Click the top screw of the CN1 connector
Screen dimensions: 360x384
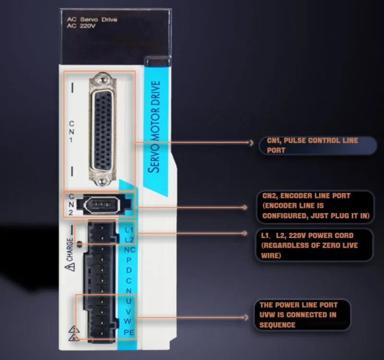click(101, 78)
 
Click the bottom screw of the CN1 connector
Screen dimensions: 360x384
click(101, 182)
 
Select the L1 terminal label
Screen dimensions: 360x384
click(129, 230)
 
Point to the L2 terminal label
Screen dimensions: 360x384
click(129, 240)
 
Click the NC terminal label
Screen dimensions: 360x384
click(129, 250)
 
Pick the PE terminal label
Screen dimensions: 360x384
click(129, 332)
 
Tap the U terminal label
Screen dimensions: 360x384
click(129, 301)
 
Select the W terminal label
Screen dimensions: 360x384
click(129, 321)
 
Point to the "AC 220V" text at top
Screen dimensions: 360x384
click(77, 26)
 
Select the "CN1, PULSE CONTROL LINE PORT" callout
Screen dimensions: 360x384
click(312, 145)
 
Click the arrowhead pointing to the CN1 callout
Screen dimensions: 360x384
click(251, 142)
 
